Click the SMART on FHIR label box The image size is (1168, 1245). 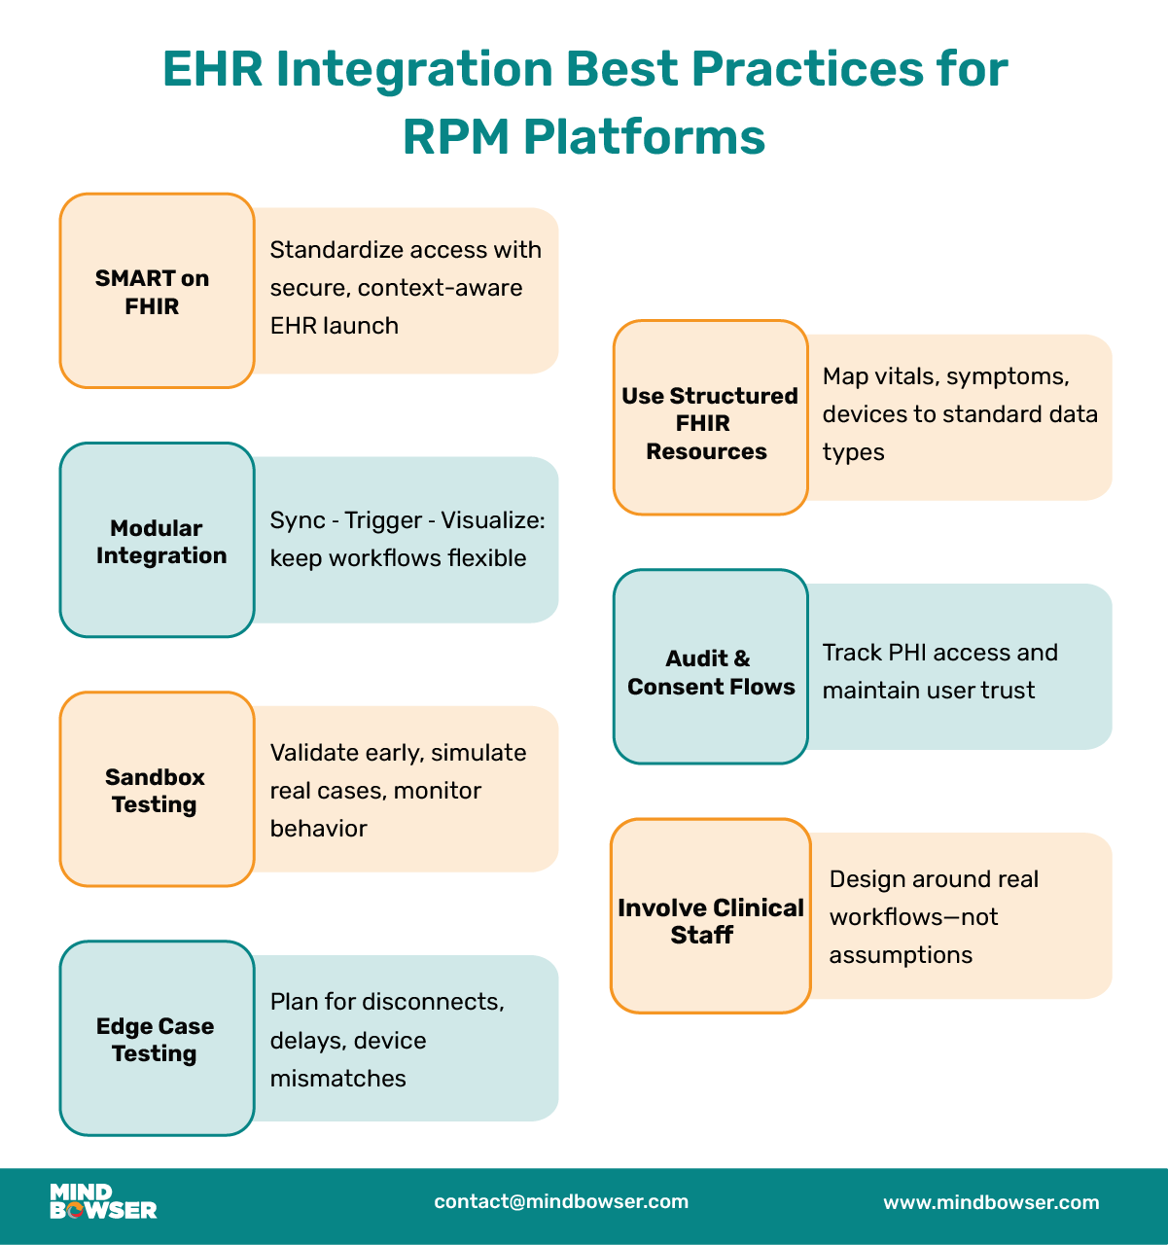point(157,291)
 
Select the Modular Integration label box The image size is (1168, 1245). point(157,541)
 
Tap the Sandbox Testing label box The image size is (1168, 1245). point(157,790)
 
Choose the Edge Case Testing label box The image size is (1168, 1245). point(157,1039)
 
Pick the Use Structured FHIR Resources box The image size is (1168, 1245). point(710,418)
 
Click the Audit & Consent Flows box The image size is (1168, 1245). point(710,667)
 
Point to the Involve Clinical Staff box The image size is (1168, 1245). point(710,916)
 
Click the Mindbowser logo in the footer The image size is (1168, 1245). point(102,1202)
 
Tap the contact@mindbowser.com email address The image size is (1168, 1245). point(561,1202)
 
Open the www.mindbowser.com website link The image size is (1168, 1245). point(991,1203)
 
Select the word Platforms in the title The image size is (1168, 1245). point(644,137)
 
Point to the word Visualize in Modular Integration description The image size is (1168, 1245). point(492,520)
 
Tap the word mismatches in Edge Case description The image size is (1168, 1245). point(337,1079)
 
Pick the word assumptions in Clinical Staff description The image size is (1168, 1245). point(901,955)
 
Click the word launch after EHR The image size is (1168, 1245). point(367,326)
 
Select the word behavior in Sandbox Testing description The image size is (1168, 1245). point(318,829)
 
